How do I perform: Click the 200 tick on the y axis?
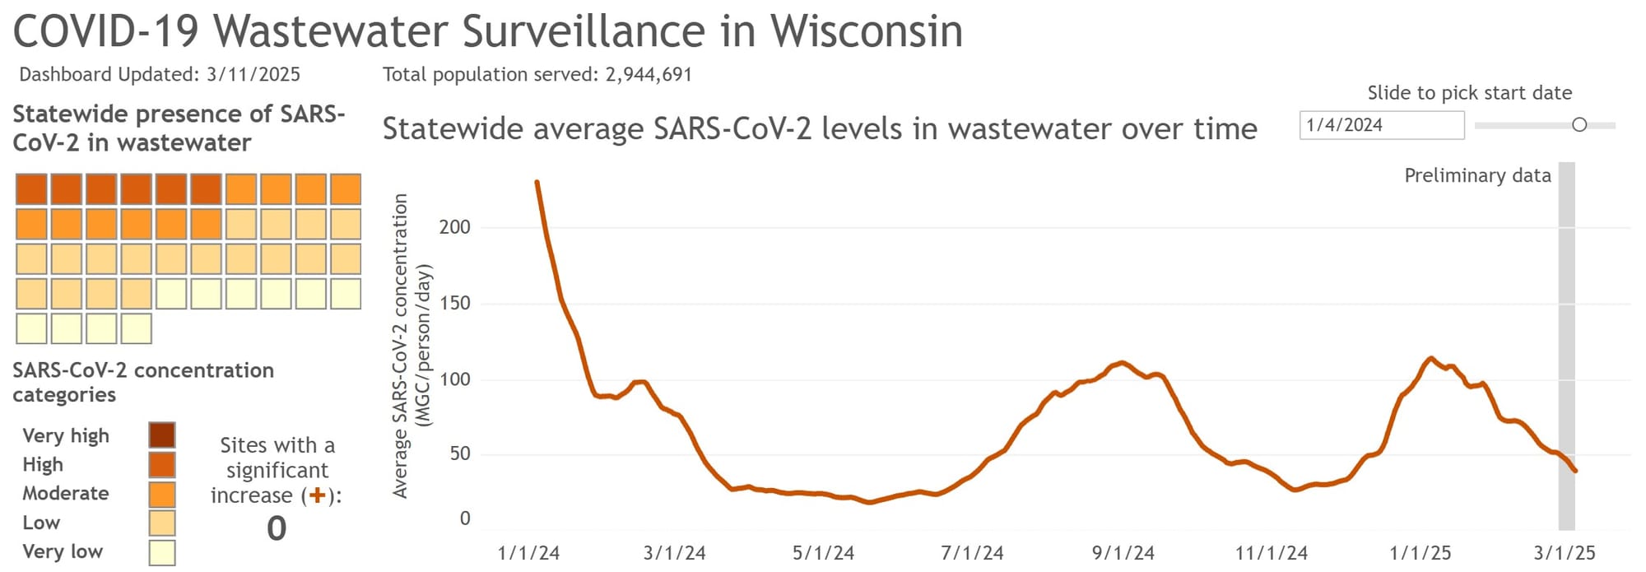click(454, 227)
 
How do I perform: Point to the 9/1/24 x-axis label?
click(1123, 552)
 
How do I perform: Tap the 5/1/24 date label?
click(823, 552)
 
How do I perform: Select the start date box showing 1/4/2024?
click(1381, 125)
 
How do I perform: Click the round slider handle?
click(1579, 125)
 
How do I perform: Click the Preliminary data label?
click(1477, 175)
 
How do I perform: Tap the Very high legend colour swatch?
click(162, 435)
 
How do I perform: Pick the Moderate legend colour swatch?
click(162, 494)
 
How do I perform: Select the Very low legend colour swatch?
click(162, 552)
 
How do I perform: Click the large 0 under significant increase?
click(277, 528)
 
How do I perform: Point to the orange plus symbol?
click(317, 495)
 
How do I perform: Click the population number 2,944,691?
click(649, 75)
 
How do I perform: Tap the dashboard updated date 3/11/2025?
click(253, 75)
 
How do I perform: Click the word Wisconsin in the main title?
click(866, 31)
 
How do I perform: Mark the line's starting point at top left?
click(537, 182)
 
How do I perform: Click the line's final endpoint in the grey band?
click(1575, 471)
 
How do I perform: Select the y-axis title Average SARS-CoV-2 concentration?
click(401, 346)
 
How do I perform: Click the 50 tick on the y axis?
click(459, 453)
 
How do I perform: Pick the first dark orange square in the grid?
click(31, 189)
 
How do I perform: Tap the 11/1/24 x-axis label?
click(1271, 552)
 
